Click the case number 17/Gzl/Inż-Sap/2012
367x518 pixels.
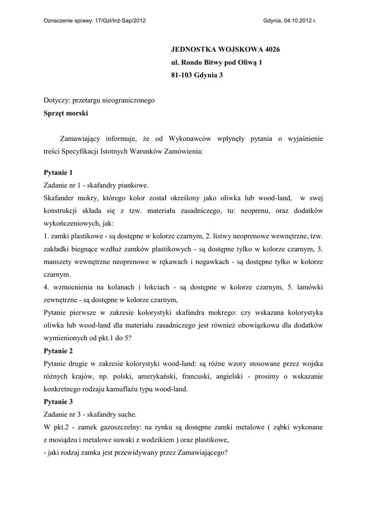pyautogui.click(x=120, y=21)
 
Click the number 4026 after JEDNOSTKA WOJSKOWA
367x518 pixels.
pyautogui.click(x=269, y=50)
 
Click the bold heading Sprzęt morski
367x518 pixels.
pyautogui.click(x=66, y=113)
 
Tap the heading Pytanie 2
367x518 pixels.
pyautogui.click(x=59, y=351)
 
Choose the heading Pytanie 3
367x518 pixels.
pyautogui.click(x=59, y=402)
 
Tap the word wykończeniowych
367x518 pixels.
pyautogui.click(x=71, y=223)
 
